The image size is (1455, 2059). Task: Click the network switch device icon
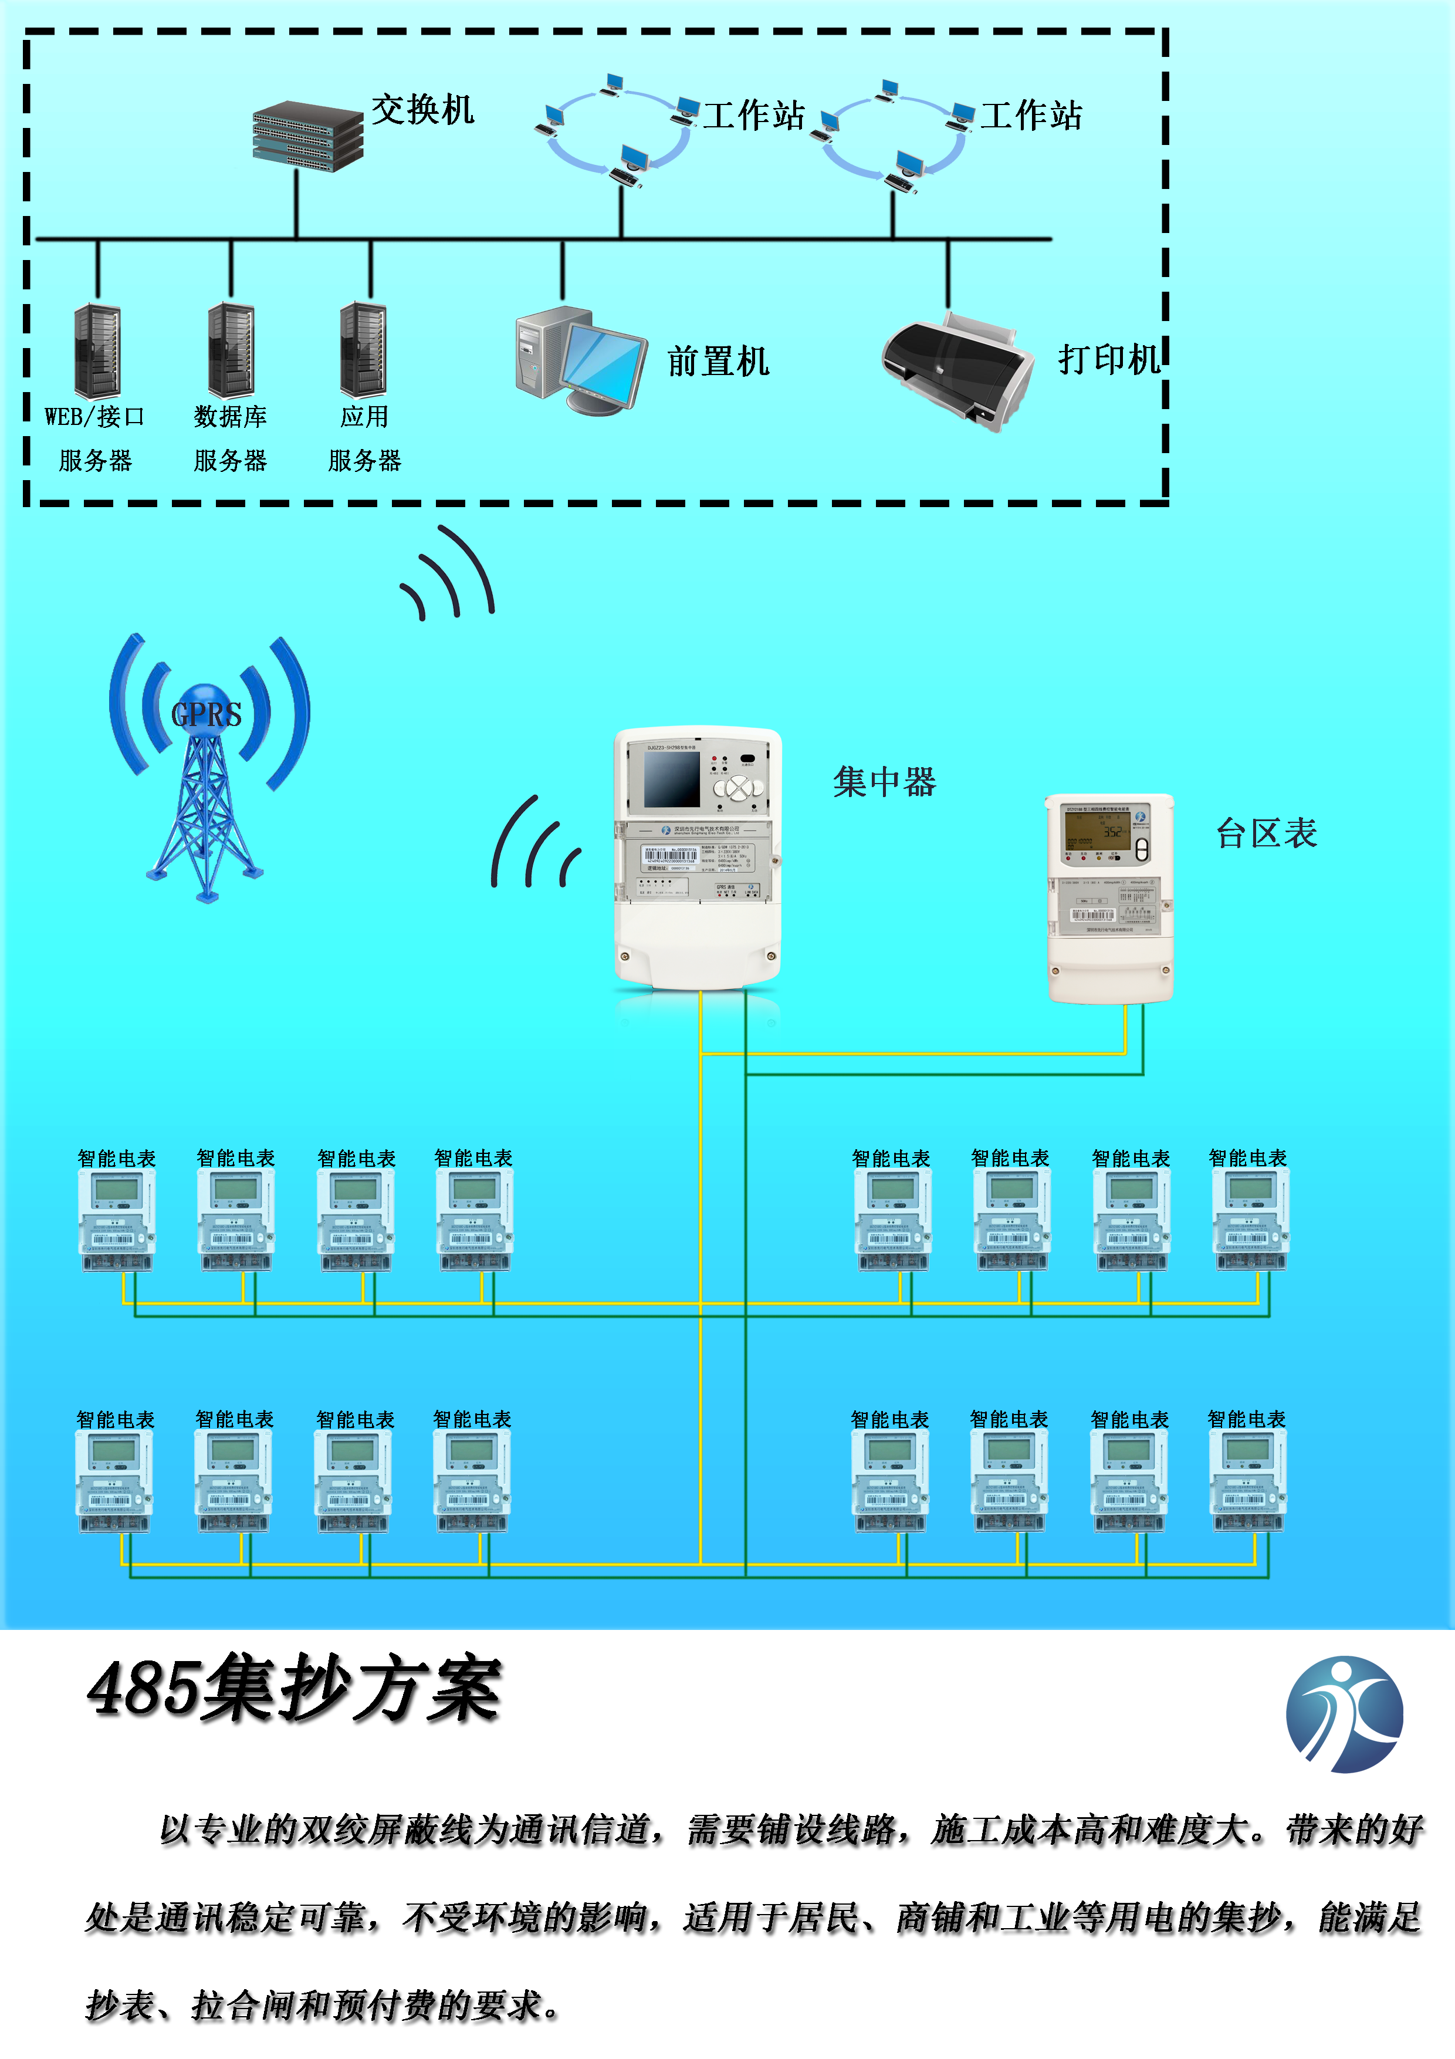pyautogui.click(x=307, y=136)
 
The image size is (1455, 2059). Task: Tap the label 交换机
pyautogui.click(x=422, y=110)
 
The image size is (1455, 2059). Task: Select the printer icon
pyautogui.click(x=957, y=370)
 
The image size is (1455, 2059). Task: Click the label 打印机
pyautogui.click(x=1109, y=360)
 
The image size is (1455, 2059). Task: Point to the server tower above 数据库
pyautogui.click(x=231, y=350)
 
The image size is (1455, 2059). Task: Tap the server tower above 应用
pyautogui.click(x=363, y=350)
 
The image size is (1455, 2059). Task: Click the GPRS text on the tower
pyautogui.click(x=206, y=715)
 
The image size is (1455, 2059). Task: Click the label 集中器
pyautogui.click(x=884, y=782)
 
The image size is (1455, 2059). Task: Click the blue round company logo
pyautogui.click(x=1344, y=1714)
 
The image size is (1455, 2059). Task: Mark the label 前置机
pyautogui.click(x=718, y=362)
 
